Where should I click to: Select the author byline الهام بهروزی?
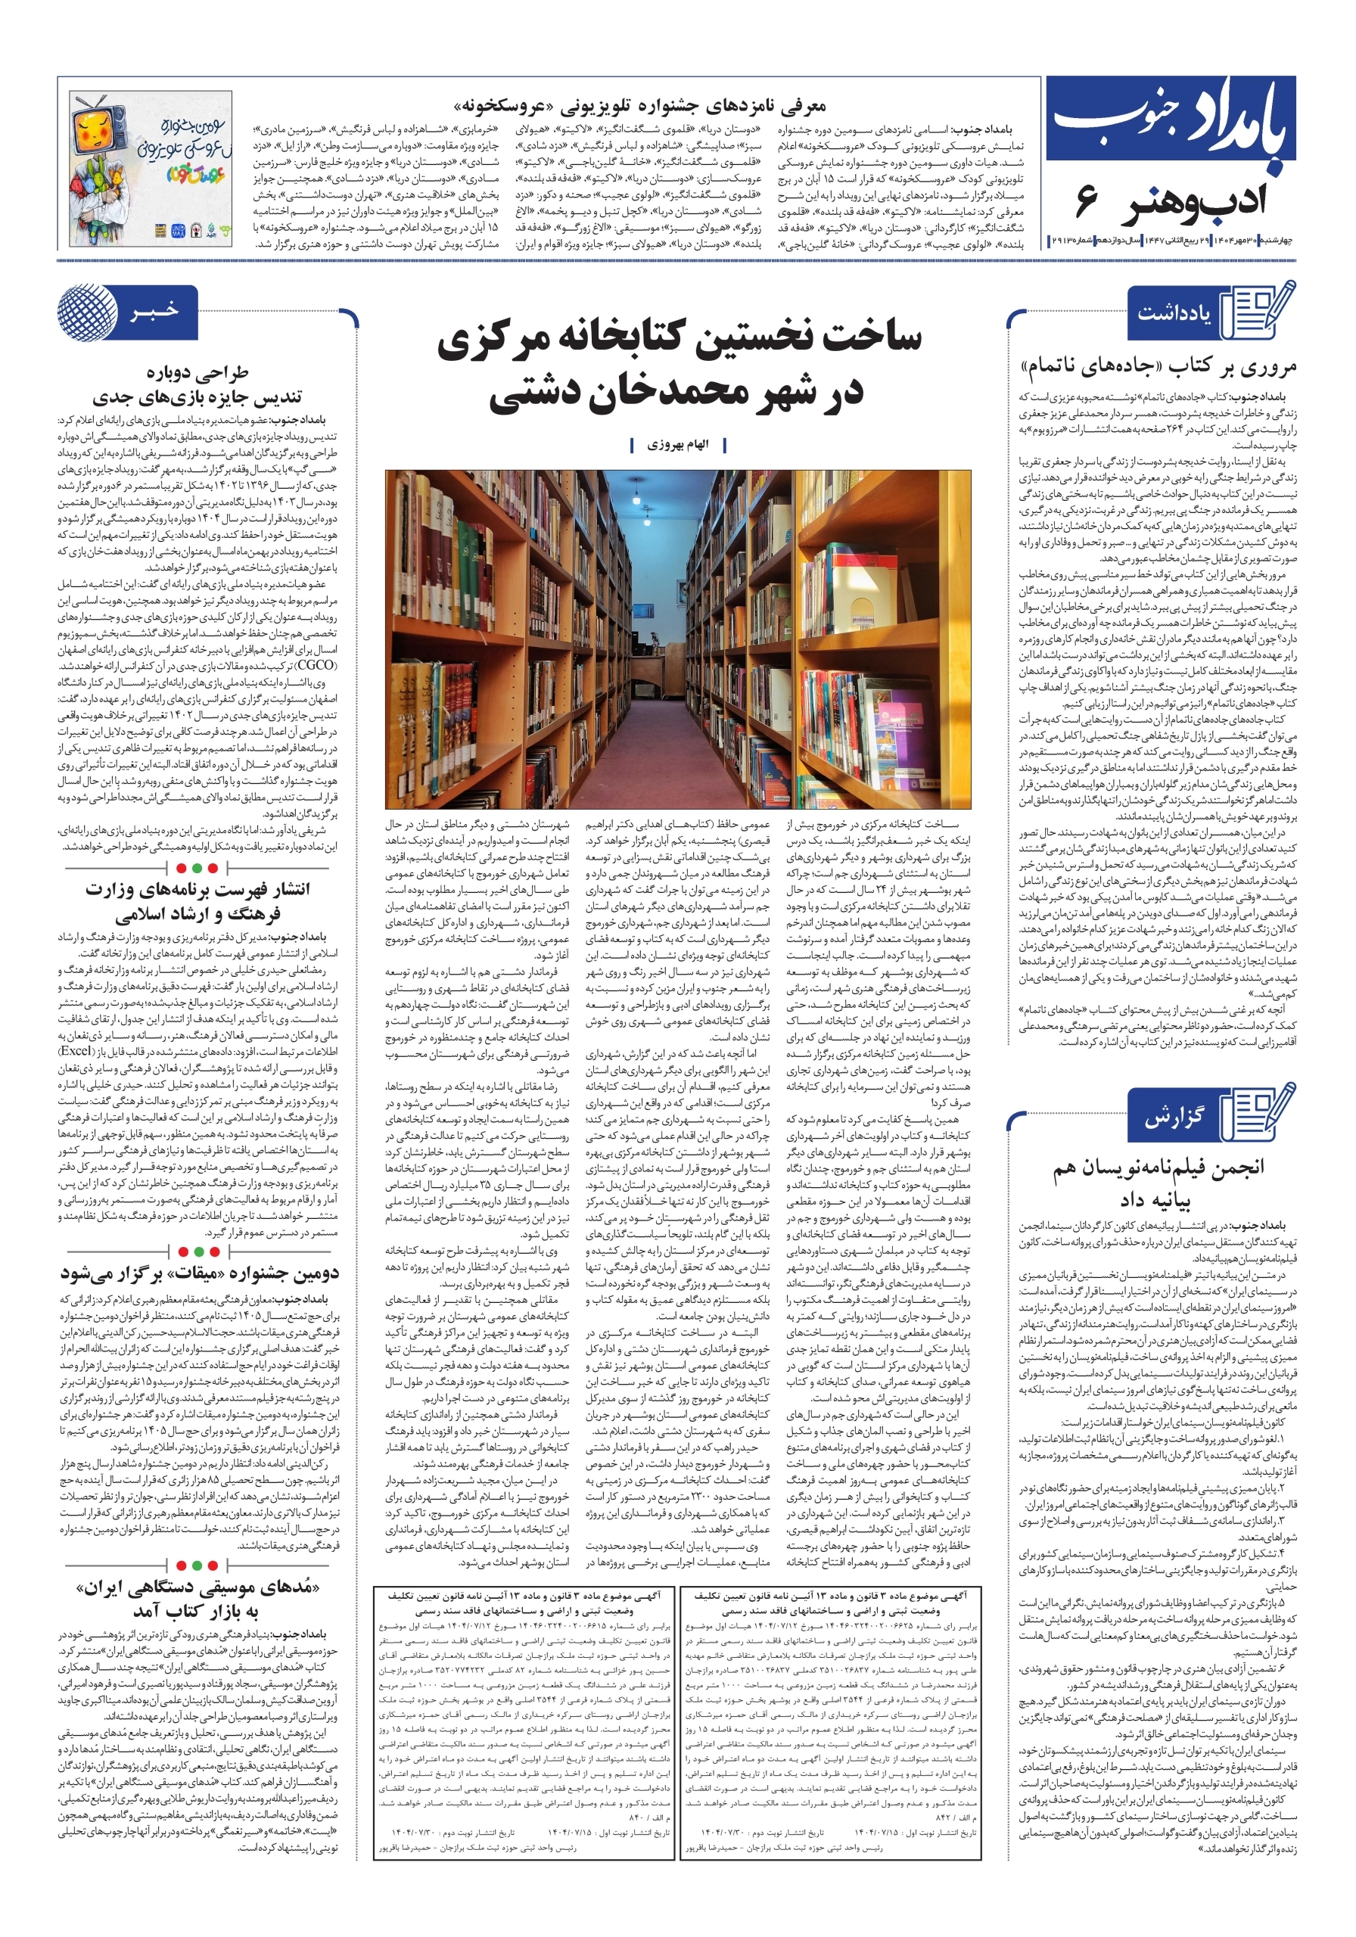(677, 445)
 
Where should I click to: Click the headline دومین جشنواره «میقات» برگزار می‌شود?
(199, 1273)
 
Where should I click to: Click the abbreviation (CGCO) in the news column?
(316, 666)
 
